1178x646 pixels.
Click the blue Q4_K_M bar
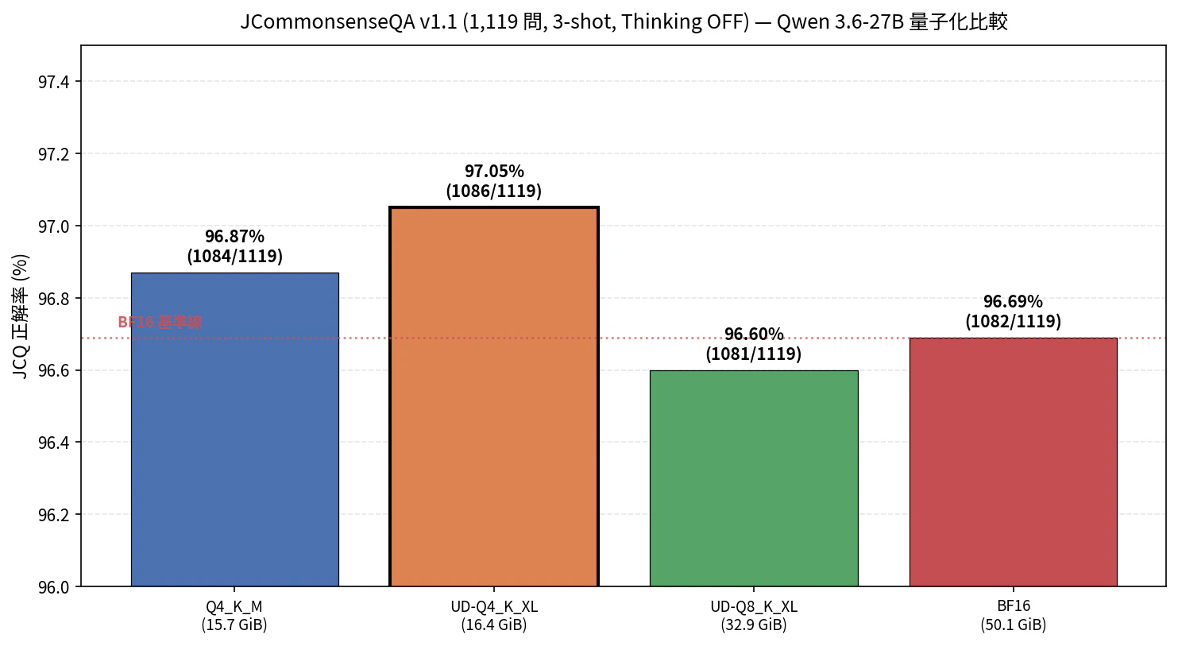click(x=234, y=429)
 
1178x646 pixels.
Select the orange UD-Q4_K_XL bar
click(x=494, y=397)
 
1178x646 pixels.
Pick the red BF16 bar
click(x=1013, y=462)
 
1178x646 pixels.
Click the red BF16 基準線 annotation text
click(x=160, y=323)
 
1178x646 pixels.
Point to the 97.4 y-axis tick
click(x=54, y=82)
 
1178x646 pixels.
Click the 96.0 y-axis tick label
click(x=54, y=587)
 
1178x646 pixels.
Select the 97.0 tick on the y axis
click(x=54, y=226)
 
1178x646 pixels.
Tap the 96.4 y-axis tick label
click(x=54, y=443)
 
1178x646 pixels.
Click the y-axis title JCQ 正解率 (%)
click(x=21, y=316)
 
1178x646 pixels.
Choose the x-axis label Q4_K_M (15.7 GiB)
click(x=234, y=616)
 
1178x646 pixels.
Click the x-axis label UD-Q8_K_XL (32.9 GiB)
click(x=754, y=616)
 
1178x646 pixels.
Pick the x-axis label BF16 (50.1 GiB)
click(x=1013, y=616)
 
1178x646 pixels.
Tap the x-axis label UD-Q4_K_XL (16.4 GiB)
click(x=494, y=616)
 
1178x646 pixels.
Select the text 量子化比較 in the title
click(x=958, y=21)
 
